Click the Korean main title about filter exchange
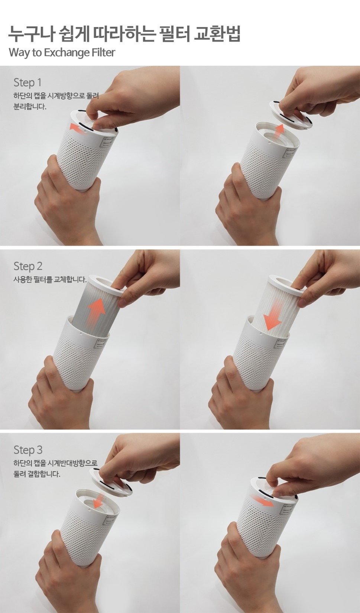(x=124, y=34)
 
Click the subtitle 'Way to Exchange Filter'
(x=62, y=52)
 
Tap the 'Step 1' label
(x=27, y=82)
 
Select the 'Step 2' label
(x=28, y=266)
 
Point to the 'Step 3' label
(x=28, y=450)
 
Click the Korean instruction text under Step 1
(x=56, y=101)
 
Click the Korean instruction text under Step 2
(x=50, y=280)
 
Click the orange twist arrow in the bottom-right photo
(x=262, y=500)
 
